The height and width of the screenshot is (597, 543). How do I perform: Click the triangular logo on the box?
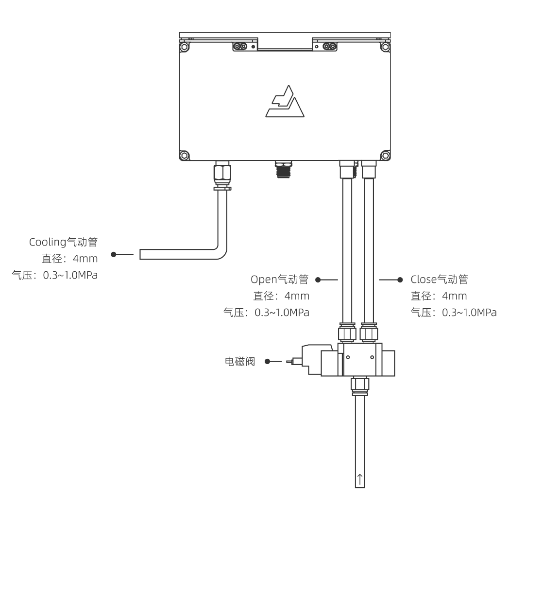click(286, 103)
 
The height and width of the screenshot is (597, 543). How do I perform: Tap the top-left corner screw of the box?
click(184, 48)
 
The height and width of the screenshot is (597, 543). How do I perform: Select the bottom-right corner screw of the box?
click(385, 156)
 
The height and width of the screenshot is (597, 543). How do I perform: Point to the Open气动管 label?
click(279, 280)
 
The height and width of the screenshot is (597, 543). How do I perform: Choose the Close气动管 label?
click(439, 280)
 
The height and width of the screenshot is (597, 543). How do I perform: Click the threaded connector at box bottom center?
click(282, 170)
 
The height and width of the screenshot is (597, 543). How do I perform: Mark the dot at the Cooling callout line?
click(114, 254)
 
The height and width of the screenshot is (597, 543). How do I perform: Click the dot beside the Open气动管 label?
click(318, 280)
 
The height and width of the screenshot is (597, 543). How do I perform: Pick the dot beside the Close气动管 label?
click(400, 280)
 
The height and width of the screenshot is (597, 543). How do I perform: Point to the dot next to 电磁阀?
click(267, 361)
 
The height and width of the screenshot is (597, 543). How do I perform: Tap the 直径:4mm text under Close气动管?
click(439, 296)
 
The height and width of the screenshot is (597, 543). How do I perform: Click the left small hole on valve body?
click(347, 357)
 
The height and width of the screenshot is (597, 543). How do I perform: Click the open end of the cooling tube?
click(141, 254)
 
